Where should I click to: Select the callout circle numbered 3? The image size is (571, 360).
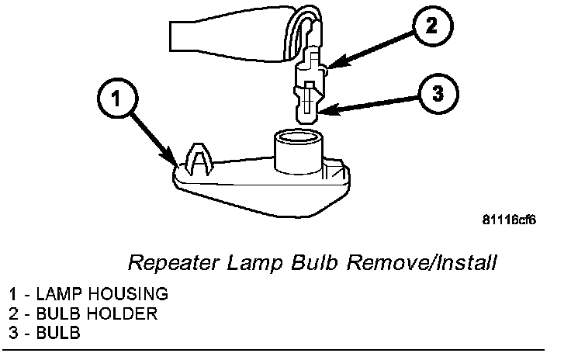click(x=438, y=95)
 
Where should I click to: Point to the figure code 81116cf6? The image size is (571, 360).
click(x=509, y=220)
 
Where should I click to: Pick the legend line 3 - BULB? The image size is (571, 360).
click(x=46, y=333)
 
